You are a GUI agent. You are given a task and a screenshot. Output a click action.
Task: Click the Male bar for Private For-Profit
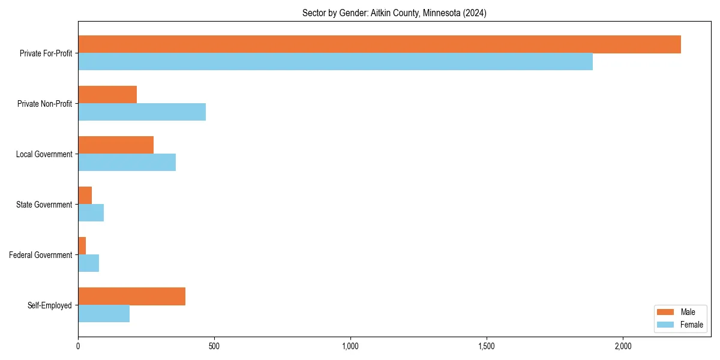[x=379, y=44]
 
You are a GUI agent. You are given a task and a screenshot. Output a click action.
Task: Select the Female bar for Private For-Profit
[x=335, y=62]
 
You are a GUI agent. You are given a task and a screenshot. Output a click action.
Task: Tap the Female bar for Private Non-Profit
[x=142, y=112]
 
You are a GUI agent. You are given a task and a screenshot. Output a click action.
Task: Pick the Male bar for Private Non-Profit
[x=107, y=95]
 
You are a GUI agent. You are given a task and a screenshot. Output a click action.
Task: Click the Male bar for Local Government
[x=116, y=145]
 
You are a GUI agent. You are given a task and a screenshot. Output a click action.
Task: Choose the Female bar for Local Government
[x=127, y=163]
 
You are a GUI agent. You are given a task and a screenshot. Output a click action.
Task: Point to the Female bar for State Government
[x=91, y=213]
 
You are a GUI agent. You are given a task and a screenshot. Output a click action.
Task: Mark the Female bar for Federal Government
[x=88, y=263]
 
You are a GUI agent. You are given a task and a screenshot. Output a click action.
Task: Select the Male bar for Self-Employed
[x=131, y=296]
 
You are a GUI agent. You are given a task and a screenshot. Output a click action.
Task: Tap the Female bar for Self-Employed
[x=104, y=314]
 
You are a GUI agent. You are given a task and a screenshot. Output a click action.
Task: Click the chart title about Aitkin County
[x=394, y=13]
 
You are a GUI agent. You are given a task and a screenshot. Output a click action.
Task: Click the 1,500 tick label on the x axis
[x=487, y=346]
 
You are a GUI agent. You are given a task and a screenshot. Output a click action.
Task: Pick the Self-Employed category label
[x=50, y=305]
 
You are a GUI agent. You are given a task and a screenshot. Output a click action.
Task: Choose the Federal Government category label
[x=41, y=255]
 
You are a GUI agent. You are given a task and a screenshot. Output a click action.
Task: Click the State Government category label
[x=44, y=205]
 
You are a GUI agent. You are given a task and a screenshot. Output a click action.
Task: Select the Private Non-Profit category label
[x=45, y=104]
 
